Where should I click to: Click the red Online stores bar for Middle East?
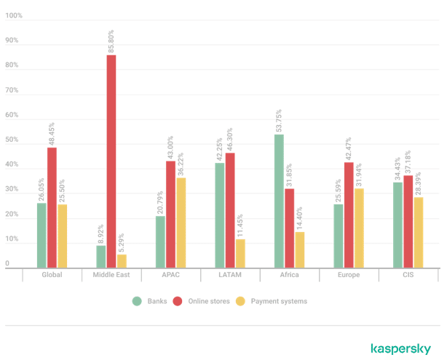click(x=111, y=161)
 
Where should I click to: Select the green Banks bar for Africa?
click(x=280, y=201)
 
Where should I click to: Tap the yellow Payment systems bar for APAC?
click(x=181, y=223)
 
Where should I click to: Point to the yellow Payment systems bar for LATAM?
click(x=240, y=253)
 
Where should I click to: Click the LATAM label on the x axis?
click(x=229, y=276)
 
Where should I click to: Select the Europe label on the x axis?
click(x=349, y=276)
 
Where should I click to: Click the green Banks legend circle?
click(x=136, y=301)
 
